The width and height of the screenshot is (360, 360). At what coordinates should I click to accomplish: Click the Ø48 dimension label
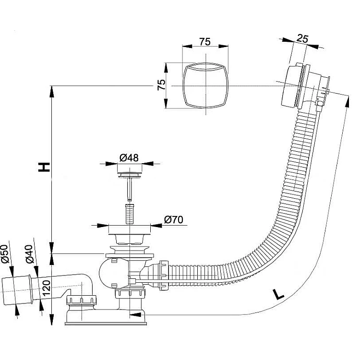(x=129, y=158)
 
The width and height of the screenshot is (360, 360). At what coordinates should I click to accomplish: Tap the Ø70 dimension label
(x=174, y=220)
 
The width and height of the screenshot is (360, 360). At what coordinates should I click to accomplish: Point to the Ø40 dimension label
(x=30, y=254)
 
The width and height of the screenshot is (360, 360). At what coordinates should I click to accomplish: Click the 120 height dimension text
(x=47, y=288)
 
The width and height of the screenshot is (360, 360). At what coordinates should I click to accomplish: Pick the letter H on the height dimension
(x=44, y=167)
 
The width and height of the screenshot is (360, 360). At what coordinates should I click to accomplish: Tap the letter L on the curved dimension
(x=278, y=295)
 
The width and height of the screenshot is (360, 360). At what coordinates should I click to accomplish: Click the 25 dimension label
(x=302, y=38)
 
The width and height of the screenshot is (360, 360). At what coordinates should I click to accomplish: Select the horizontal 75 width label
(x=205, y=42)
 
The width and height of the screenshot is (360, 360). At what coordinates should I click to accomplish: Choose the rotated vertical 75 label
(x=161, y=85)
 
